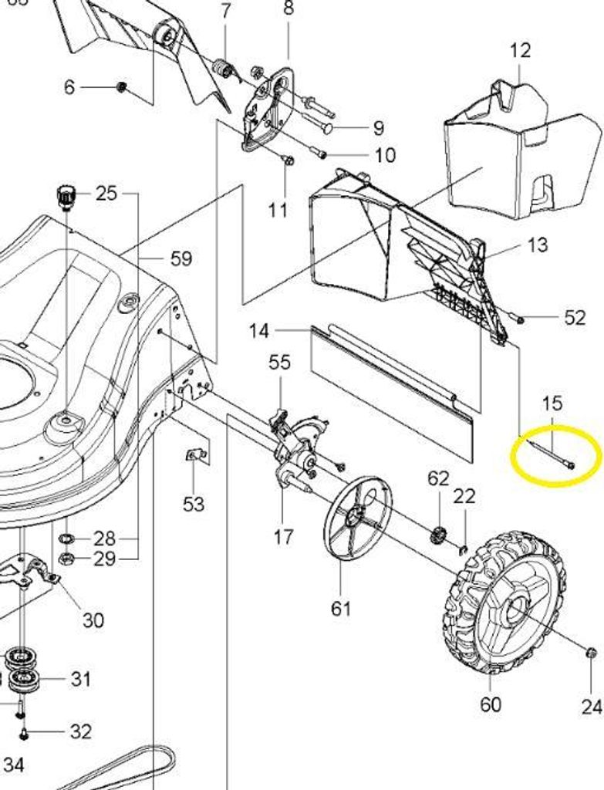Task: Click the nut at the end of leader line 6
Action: [121, 88]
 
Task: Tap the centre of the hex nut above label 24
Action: [592, 652]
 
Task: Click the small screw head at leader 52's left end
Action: [519, 319]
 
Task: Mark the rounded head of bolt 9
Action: [329, 128]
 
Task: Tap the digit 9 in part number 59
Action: [187, 259]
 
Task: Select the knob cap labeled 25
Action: [66, 195]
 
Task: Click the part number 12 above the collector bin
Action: [521, 50]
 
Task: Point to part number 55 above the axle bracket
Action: [279, 362]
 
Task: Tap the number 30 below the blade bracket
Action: [93, 620]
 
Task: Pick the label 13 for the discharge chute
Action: [538, 245]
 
